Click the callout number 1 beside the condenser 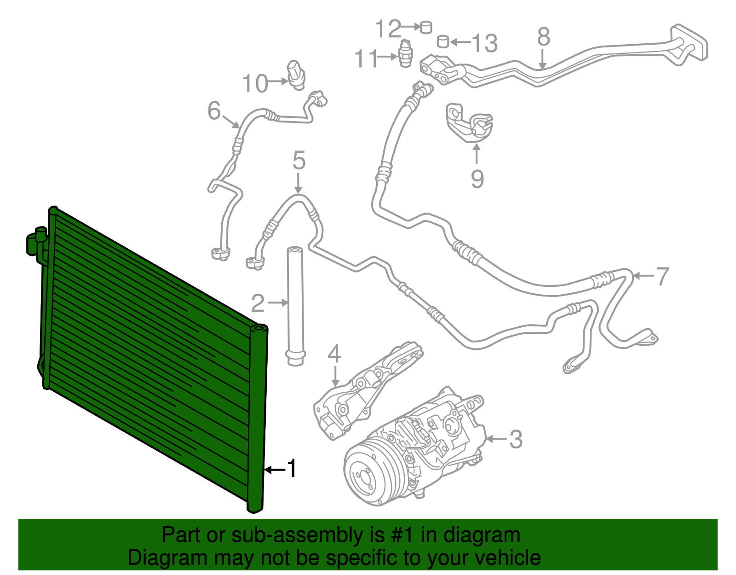[x=292, y=469]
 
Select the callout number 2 [x=258, y=303]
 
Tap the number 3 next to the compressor [x=516, y=439]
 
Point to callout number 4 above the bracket [x=334, y=354]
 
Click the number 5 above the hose [x=299, y=161]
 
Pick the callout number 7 [x=662, y=276]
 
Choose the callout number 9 [x=477, y=179]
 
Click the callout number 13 [x=485, y=43]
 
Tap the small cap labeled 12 [x=426, y=27]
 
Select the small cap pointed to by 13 [x=443, y=41]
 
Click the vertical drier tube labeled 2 [x=295, y=306]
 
